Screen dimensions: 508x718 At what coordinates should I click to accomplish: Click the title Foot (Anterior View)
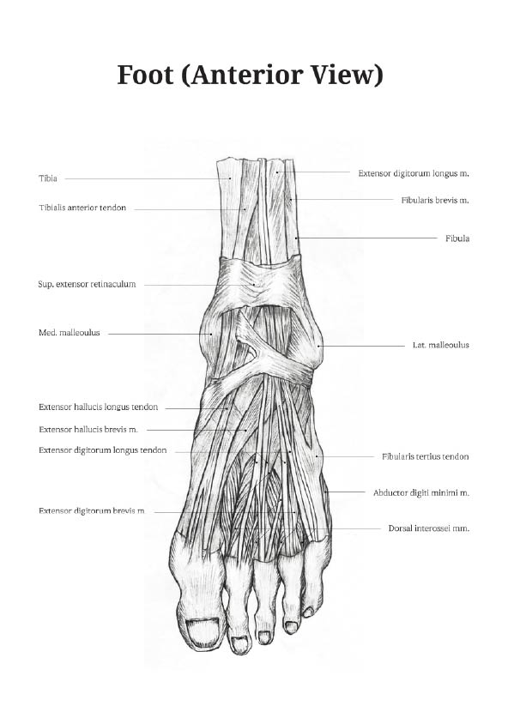tap(250, 75)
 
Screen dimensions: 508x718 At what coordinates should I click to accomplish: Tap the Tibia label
tap(48, 178)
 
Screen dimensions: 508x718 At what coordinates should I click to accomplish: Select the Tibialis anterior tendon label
tap(82, 208)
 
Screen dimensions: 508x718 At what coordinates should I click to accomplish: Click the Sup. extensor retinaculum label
tap(87, 284)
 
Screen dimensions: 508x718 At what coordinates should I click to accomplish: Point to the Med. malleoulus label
tap(70, 333)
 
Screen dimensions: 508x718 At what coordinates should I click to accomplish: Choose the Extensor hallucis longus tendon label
tap(99, 407)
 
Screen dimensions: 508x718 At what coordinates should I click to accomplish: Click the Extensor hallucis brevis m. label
tap(88, 430)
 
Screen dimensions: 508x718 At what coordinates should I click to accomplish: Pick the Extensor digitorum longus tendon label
tap(103, 450)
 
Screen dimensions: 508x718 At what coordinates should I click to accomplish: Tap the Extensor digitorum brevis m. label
tap(92, 511)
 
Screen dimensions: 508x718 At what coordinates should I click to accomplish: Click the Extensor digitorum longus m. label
tap(414, 173)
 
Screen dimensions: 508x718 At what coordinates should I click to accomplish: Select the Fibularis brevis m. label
tap(435, 201)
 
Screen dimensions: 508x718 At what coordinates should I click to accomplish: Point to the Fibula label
tap(457, 238)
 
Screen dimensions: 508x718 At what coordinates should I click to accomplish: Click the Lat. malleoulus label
tap(441, 345)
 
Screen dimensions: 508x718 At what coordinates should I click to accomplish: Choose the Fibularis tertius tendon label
tap(425, 456)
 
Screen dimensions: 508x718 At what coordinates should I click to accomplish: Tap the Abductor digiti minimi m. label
tap(421, 493)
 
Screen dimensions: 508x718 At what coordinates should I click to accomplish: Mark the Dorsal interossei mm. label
tap(429, 528)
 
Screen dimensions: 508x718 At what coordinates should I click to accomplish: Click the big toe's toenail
tap(204, 631)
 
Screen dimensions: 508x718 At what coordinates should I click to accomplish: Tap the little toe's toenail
tap(309, 612)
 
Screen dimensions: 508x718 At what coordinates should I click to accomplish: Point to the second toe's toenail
tap(239, 643)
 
